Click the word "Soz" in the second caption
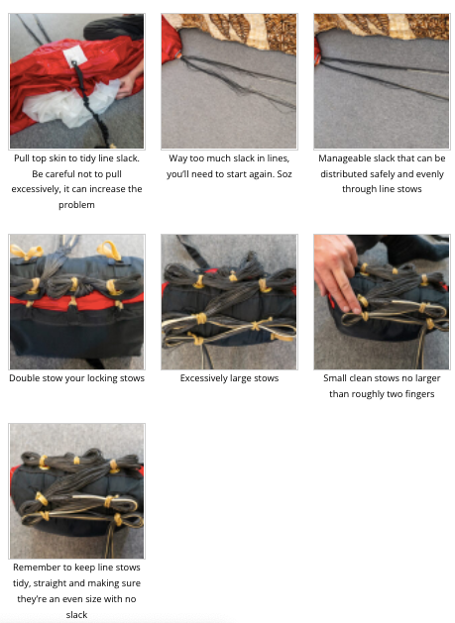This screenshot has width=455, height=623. tap(284, 174)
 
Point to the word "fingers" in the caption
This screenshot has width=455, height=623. tap(419, 394)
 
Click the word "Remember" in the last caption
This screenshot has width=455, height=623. tap(32, 567)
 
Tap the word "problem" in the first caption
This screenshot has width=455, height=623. tap(76, 205)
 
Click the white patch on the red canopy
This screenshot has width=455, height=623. tap(74, 55)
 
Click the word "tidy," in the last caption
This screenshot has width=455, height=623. tap(22, 583)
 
